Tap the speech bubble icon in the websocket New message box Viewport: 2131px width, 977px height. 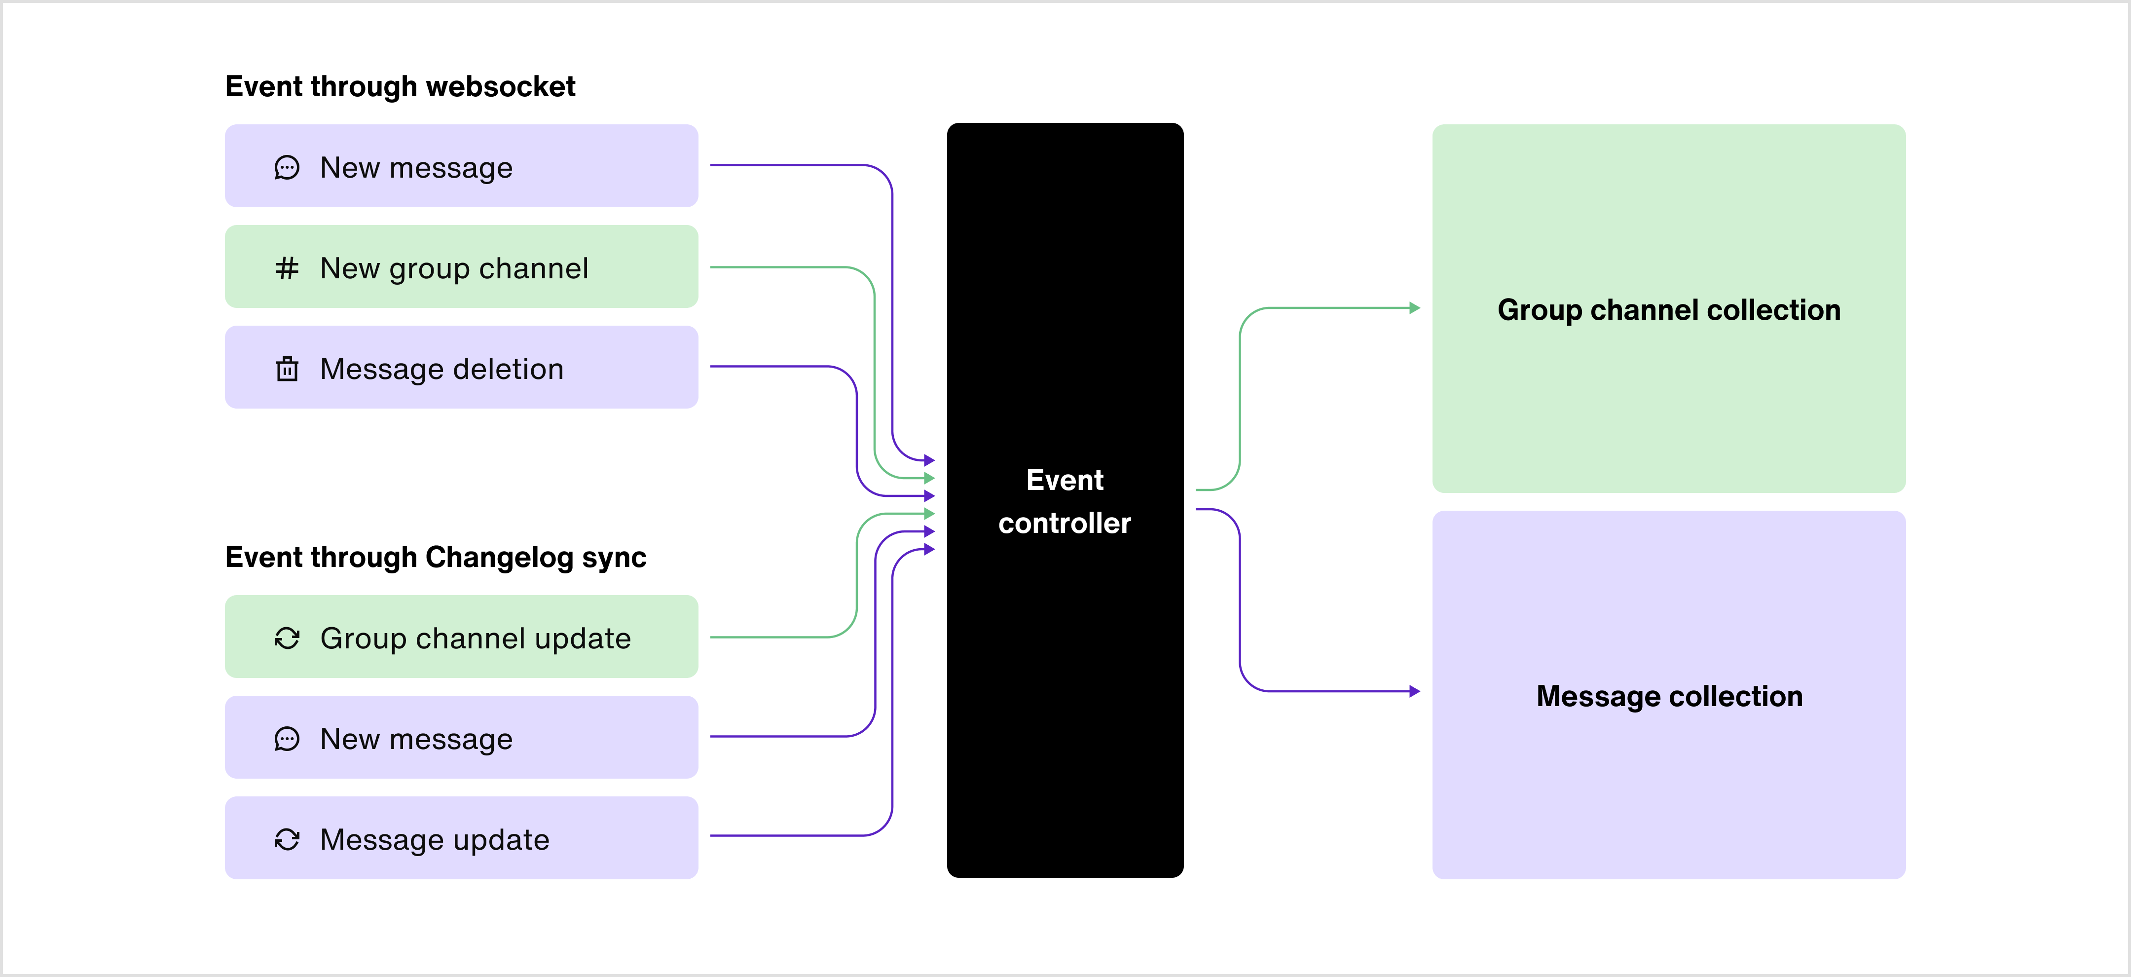(286, 168)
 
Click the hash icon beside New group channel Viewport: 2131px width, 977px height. (286, 268)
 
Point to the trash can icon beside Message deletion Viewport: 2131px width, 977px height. (286, 369)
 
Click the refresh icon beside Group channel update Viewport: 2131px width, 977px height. (286, 638)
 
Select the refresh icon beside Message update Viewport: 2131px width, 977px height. (286, 840)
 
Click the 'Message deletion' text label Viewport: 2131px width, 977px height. (442, 369)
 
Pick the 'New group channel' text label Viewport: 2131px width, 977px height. (454, 268)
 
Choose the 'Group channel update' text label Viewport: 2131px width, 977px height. (476, 638)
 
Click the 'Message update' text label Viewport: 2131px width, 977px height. (434, 840)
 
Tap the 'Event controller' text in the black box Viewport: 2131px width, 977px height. (1065, 501)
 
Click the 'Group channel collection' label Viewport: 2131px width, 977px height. (1669, 309)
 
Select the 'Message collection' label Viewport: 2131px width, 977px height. (1669, 696)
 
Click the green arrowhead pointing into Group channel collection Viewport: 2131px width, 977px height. (1415, 308)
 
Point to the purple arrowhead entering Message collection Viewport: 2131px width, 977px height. (1415, 691)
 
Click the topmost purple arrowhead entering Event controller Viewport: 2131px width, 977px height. (930, 460)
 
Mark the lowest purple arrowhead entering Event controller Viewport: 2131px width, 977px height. (930, 549)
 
